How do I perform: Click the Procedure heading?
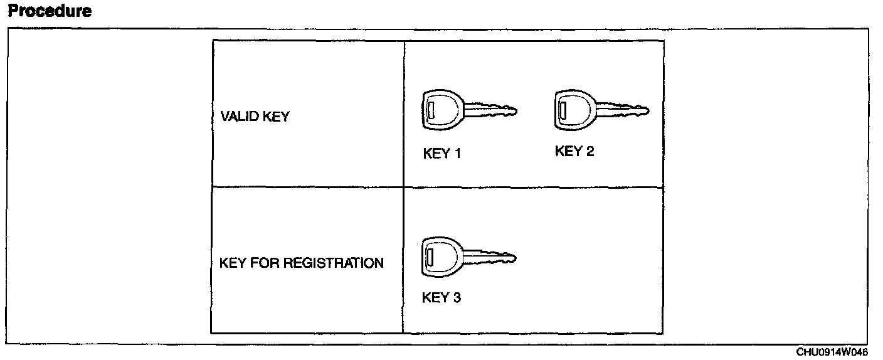pyautogui.click(x=50, y=11)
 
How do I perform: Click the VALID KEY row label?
pyautogui.click(x=255, y=117)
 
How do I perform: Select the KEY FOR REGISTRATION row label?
pyautogui.click(x=302, y=263)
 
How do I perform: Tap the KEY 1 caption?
pyautogui.click(x=442, y=154)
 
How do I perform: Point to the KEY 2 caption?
pyautogui.click(x=574, y=151)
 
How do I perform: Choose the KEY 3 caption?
pyautogui.click(x=441, y=297)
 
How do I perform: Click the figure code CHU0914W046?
pyautogui.click(x=833, y=352)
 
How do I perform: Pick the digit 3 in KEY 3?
pyautogui.click(x=457, y=297)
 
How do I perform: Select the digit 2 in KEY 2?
pyautogui.click(x=590, y=151)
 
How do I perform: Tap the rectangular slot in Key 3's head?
pyautogui.click(x=430, y=257)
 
